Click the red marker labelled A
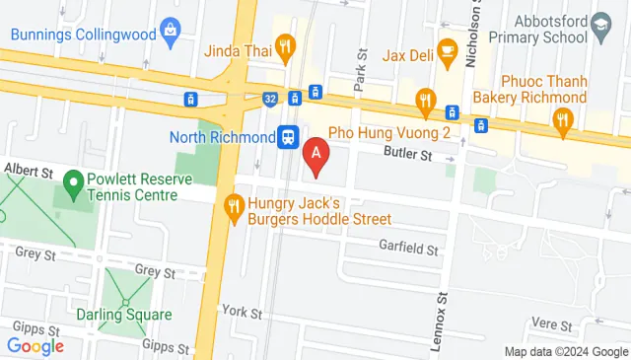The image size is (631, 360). (x=315, y=154)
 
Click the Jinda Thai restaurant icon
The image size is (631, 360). (x=285, y=44)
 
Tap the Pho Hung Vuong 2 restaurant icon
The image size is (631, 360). (x=426, y=98)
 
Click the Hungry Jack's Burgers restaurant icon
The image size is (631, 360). (x=235, y=207)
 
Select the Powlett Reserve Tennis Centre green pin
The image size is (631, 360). (x=72, y=182)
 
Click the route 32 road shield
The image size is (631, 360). (x=270, y=99)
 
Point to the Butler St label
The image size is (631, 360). (x=408, y=155)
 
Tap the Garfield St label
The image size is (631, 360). (x=408, y=251)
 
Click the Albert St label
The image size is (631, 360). (x=28, y=171)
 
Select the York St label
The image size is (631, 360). (x=242, y=313)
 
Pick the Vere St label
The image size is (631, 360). (x=551, y=324)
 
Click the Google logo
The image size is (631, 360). (x=35, y=345)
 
